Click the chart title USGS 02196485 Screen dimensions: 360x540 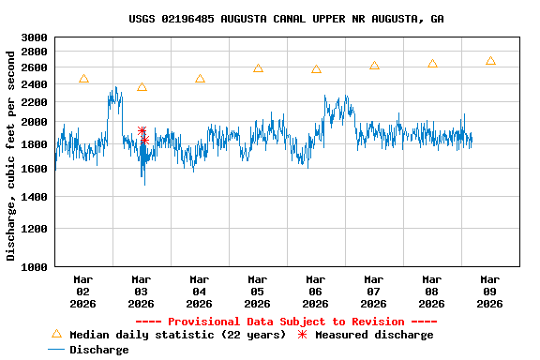[x=286, y=19]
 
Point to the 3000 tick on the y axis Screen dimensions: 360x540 [x=34, y=37]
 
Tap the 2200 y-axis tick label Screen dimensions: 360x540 [x=34, y=102]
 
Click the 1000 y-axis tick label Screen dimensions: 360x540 [x=34, y=266]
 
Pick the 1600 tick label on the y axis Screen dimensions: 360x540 [x=34, y=169]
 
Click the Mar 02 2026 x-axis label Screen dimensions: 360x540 [x=83, y=291]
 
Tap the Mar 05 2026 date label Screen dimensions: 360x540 [x=257, y=291]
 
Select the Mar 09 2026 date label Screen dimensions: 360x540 [x=489, y=291]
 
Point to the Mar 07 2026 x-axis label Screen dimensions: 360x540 [x=373, y=291]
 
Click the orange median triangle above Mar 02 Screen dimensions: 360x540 [x=83, y=79]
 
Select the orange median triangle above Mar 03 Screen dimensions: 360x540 [x=142, y=87]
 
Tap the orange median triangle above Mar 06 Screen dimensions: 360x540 [x=316, y=69]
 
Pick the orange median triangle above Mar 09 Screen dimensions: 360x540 [x=490, y=61]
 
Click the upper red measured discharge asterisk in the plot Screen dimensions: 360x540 [x=142, y=131]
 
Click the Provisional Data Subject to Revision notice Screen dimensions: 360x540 [x=285, y=322]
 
